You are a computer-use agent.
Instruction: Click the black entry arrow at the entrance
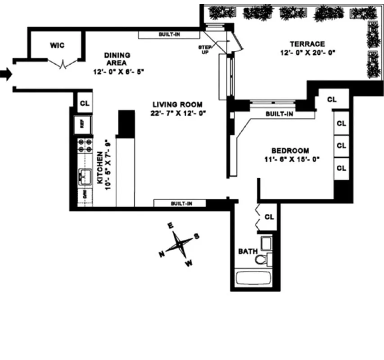tap(5, 74)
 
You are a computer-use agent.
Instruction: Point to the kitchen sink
tap(84, 177)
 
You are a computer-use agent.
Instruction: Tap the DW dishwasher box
tap(84, 195)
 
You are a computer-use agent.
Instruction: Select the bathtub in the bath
tap(253, 277)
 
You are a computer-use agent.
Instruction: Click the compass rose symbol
tap(179, 244)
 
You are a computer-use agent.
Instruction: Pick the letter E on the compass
tap(170, 225)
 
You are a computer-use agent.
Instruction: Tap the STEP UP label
tap(205, 49)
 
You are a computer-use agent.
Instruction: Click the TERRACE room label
tap(307, 44)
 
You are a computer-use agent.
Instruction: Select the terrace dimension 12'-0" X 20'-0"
tap(307, 52)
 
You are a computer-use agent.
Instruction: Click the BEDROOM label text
tap(290, 150)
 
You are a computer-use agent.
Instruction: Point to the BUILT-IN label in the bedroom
tap(279, 114)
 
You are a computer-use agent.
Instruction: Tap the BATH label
tap(248, 251)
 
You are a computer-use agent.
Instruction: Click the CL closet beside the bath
tap(269, 217)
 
